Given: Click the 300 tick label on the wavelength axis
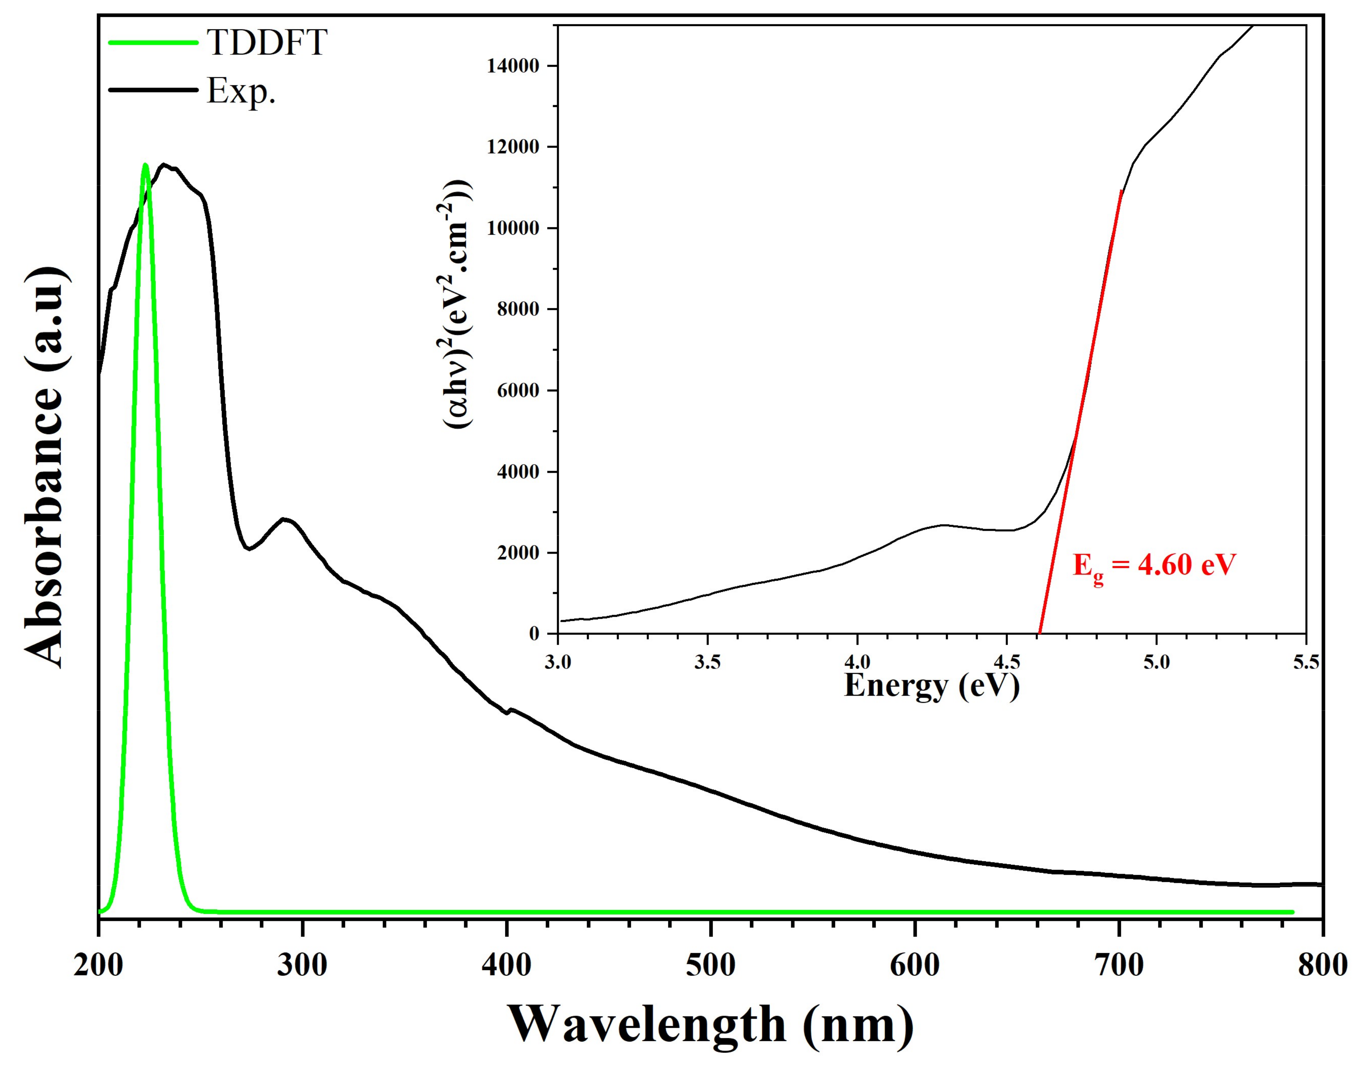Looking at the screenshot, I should [302, 965].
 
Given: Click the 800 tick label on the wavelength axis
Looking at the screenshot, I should [1321, 965].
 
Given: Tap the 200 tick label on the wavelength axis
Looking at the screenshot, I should [99, 965].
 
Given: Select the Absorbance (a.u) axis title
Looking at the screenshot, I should [45, 468].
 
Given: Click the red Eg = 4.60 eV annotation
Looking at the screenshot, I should [1154, 566].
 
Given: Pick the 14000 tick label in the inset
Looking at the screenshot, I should [513, 66].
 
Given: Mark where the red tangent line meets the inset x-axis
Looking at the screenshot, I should [1039, 634].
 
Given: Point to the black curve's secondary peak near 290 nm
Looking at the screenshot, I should [284, 519].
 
